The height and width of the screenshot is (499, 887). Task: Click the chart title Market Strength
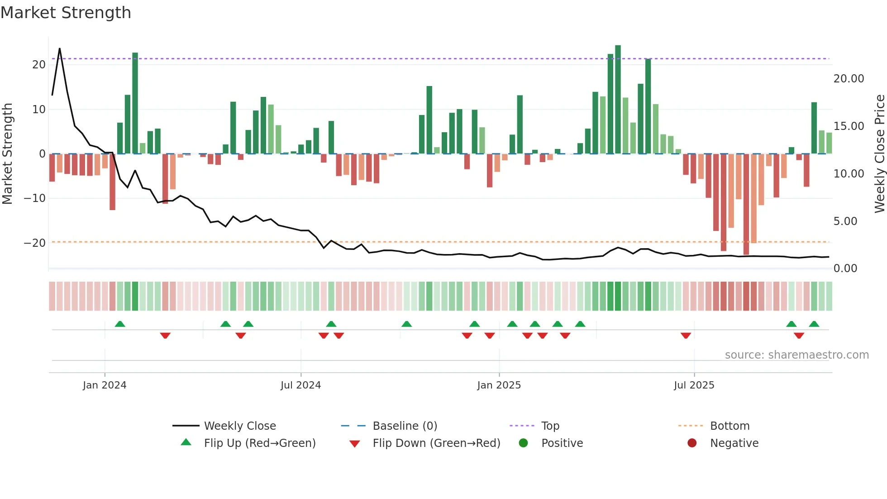[x=66, y=13]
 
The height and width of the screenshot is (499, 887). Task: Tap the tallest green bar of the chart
[x=618, y=100]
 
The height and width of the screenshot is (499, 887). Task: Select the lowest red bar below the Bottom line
[x=746, y=204]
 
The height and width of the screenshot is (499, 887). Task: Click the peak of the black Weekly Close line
[x=60, y=48]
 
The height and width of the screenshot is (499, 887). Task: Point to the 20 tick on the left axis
[x=39, y=65]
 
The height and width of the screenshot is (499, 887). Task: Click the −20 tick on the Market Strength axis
[x=35, y=243]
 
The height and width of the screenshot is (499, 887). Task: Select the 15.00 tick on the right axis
[x=849, y=126]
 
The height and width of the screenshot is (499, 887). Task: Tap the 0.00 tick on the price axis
[x=845, y=269]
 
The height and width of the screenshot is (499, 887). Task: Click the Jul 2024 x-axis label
[x=300, y=385]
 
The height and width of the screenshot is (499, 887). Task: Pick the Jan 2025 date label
[x=499, y=385]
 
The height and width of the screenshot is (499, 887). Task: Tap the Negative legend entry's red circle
[x=692, y=443]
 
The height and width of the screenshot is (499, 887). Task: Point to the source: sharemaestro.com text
[x=796, y=355]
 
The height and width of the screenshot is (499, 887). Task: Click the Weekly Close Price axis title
[x=879, y=154]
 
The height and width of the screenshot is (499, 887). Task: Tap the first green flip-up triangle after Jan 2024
[x=120, y=324]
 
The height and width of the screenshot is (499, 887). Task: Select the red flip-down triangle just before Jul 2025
[x=686, y=336]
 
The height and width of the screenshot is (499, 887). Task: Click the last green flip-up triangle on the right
[x=814, y=324]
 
